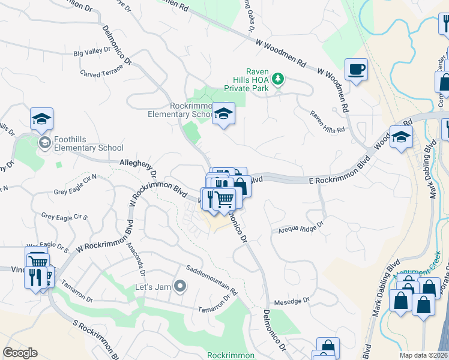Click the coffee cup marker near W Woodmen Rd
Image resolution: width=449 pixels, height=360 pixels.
pos(356,70)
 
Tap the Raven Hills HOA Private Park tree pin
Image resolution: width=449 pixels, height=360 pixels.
pos(277,78)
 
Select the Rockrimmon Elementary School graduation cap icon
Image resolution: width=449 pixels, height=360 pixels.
pos(223,113)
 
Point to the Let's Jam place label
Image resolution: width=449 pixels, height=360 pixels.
pos(153,286)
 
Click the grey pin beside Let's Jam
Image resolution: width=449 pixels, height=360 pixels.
pos(179,286)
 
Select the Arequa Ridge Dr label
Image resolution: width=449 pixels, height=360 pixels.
pos(300,227)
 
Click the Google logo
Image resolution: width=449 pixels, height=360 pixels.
pos(20,353)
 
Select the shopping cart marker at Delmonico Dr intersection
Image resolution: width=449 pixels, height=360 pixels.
pos(224,199)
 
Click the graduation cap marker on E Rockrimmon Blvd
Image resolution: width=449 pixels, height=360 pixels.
pos(401,137)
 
